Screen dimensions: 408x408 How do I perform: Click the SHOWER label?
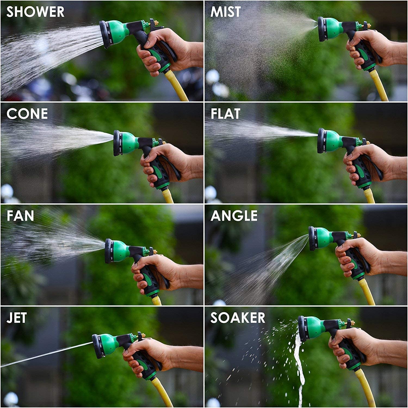click(35, 12)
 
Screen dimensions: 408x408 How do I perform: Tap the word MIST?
click(225, 12)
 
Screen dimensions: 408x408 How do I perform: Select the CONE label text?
click(27, 114)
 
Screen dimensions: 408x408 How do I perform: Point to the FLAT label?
click(225, 114)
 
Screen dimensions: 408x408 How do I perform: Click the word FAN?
click(20, 216)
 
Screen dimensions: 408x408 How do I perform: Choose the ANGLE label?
click(234, 216)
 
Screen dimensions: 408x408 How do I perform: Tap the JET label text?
click(16, 318)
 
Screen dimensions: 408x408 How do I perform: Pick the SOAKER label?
click(237, 318)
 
